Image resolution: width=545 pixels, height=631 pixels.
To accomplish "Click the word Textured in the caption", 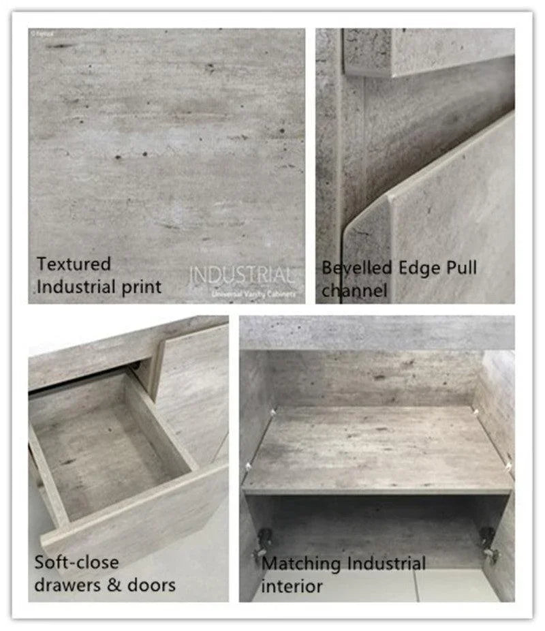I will pyautogui.click(x=74, y=264).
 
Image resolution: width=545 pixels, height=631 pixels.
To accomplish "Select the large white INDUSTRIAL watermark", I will pyautogui.click(x=243, y=276).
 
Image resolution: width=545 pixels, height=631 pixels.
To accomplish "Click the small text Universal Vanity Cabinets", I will pyautogui.click(x=254, y=294).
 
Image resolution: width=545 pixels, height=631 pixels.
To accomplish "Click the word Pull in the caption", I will pyautogui.click(x=461, y=268).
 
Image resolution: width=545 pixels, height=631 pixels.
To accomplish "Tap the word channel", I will pyautogui.click(x=354, y=291).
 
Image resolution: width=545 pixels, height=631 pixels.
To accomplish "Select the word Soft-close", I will pyautogui.click(x=76, y=562).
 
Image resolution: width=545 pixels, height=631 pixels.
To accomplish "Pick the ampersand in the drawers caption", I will pyautogui.click(x=119, y=585).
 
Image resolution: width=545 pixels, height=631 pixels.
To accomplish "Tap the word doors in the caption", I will pyautogui.click(x=153, y=584).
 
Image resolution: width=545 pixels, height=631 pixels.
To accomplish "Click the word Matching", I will pyautogui.click(x=301, y=564).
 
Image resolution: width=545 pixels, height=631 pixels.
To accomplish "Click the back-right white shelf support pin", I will pyautogui.click(x=474, y=411).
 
